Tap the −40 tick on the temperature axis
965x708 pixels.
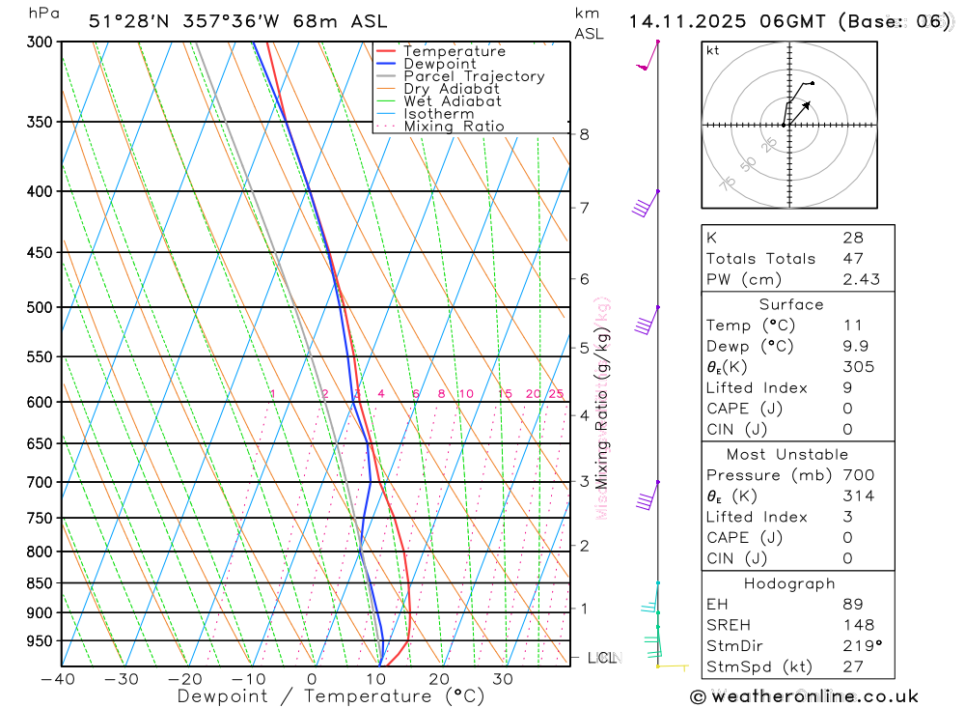(x=59, y=679)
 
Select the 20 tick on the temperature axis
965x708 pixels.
(x=439, y=679)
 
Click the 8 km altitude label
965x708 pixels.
(x=585, y=134)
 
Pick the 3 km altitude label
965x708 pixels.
(x=585, y=481)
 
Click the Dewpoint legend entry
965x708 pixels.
(x=440, y=64)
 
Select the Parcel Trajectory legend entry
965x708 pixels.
(x=474, y=76)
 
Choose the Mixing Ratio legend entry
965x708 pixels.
(x=454, y=127)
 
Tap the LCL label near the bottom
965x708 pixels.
(x=601, y=658)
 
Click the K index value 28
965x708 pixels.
(x=853, y=238)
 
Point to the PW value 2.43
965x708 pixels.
(x=861, y=280)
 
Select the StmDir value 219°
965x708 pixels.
(x=862, y=645)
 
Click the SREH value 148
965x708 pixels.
(x=857, y=625)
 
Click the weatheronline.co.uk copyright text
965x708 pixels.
(x=804, y=695)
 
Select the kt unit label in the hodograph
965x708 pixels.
(x=713, y=50)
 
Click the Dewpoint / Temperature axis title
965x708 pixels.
(x=331, y=695)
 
